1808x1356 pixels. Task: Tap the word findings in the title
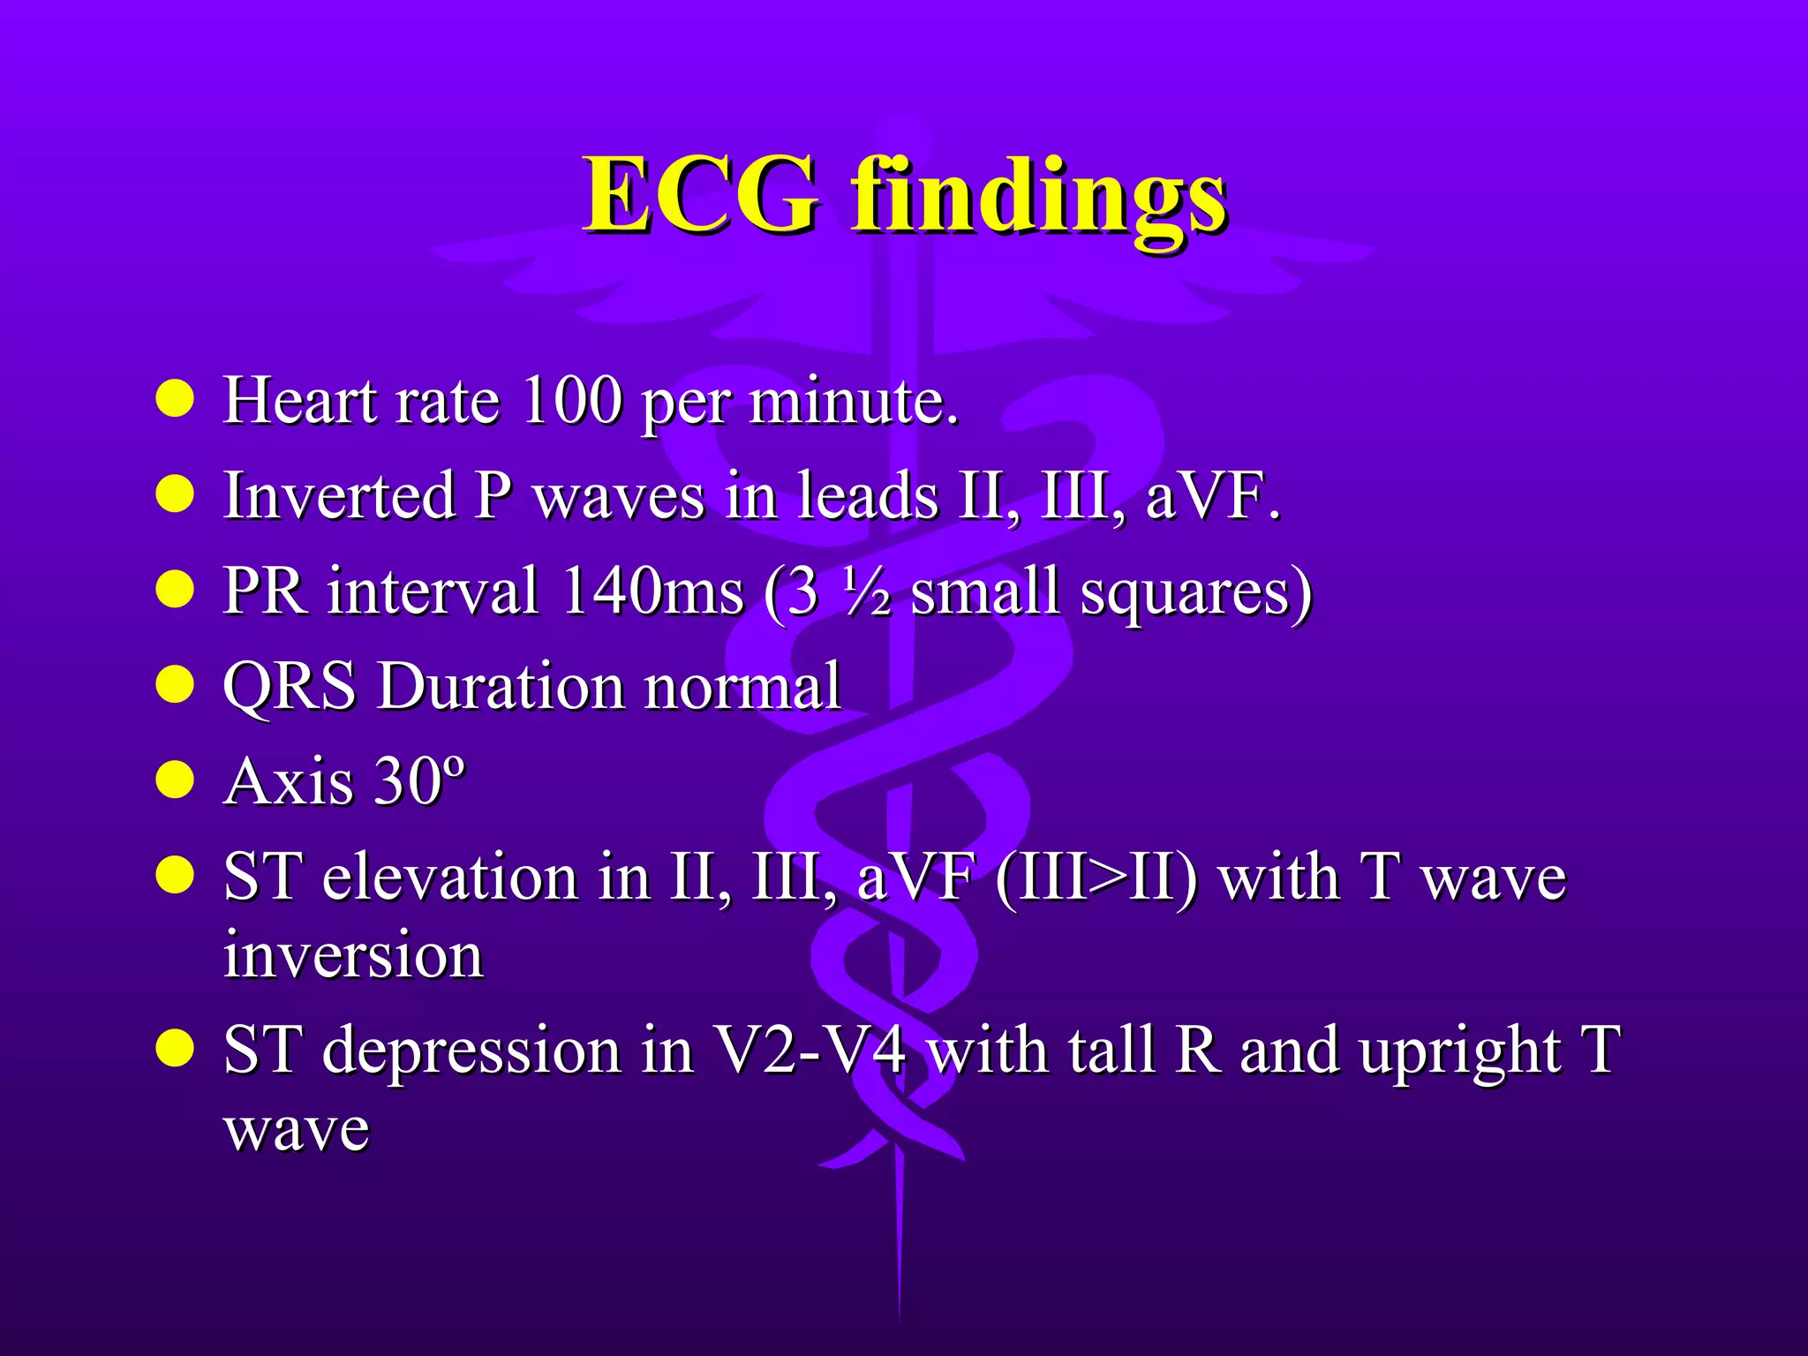(1038, 196)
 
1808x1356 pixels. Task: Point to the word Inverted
(340, 495)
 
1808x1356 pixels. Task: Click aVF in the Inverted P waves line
(1211, 495)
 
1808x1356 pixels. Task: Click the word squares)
(1197, 591)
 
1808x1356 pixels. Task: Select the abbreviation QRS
(290, 686)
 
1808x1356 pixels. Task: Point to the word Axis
(288, 781)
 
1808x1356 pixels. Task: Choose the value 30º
(418, 781)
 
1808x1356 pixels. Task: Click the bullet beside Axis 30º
(175, 780)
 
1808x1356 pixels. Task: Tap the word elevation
(449, 878)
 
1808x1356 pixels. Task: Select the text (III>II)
(1096, 878)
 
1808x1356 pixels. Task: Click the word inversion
(353, 954)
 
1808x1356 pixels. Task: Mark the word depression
(471, 1051)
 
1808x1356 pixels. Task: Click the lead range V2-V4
(809, 1051)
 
